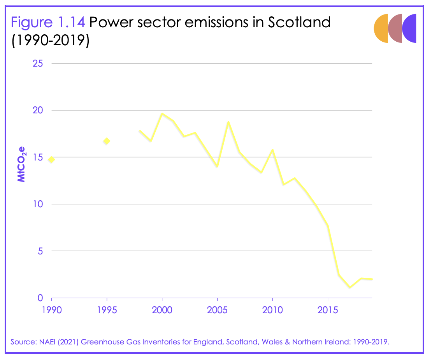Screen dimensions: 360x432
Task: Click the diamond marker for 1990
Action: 51,159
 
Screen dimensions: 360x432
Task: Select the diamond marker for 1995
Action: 106,141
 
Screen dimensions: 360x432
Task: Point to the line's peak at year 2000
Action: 162,114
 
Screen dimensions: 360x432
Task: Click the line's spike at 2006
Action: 228,122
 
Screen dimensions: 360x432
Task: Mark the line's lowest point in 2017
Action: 350,288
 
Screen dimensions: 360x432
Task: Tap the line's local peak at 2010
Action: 272,150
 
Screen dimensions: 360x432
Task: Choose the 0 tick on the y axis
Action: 40,298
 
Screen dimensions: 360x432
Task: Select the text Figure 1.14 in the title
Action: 47,22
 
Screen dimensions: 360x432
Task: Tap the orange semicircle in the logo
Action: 381,28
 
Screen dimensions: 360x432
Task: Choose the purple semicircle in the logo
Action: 410,28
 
